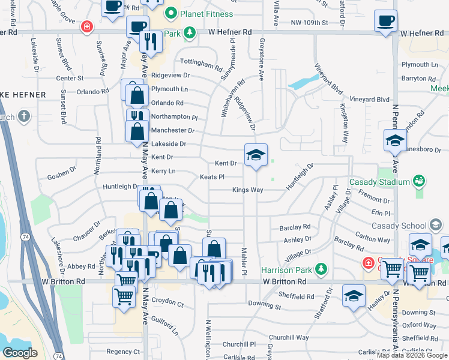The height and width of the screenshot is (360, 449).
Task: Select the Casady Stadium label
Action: (x=385, y=181)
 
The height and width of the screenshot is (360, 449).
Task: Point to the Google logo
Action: (x=20, y=352)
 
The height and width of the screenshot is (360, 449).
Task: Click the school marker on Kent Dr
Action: (x=256, y=156)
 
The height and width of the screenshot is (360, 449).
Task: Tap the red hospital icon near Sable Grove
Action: (x=88, y=26)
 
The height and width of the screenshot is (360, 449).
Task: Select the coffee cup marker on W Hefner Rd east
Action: (x=385, y=22)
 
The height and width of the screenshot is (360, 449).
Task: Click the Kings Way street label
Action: (x=248, y=190)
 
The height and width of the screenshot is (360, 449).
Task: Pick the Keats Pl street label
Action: (x=212, y=177)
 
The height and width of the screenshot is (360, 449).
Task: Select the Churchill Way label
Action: (x=289, y=337)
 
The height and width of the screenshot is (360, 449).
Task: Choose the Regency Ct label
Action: (x=122, y=352)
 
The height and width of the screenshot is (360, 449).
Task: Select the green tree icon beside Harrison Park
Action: (x=322, y=268)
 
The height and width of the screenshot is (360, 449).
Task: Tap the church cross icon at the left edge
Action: (x=23, y=116)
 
